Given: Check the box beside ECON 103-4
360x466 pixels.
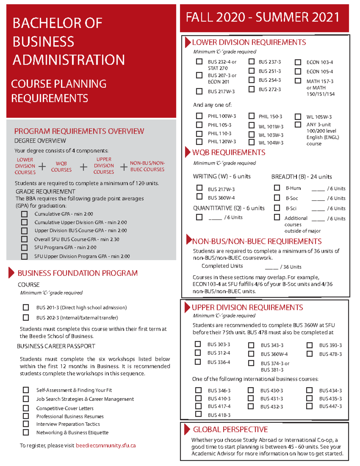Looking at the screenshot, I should coord(298,62).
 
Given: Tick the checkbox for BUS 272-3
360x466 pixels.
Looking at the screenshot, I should coord(251,89).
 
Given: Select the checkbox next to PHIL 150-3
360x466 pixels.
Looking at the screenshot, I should coord(251,116).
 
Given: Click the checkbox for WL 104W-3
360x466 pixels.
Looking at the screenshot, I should coord(251,142).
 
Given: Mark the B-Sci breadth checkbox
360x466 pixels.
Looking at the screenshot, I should coord(277,208).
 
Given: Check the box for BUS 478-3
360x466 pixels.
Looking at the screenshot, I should coord(310,354).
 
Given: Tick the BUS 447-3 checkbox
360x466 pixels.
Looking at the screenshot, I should coord(309,406).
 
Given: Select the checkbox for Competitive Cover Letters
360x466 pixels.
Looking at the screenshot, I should coord(26,408).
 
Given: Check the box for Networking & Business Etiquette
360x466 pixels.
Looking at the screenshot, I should coord(26,432).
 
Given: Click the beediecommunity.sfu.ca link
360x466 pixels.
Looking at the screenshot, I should coord(106,445).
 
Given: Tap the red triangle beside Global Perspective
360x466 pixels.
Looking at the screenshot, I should coord(187,429).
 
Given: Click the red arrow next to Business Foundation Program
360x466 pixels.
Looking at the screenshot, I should coord(11,273).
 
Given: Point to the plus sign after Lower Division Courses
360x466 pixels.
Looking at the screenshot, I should coord(42,167).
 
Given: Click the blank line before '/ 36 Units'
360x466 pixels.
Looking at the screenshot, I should coord(271,267).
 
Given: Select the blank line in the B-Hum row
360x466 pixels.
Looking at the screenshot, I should coord(318,189).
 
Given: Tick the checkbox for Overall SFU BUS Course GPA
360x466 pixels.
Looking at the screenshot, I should coord(24,239).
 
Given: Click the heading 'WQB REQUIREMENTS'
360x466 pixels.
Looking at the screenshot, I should coord(229,152).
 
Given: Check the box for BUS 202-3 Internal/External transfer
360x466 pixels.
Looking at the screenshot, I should coord(26,317).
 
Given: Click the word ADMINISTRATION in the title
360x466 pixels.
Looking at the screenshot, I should coord(69,60).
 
